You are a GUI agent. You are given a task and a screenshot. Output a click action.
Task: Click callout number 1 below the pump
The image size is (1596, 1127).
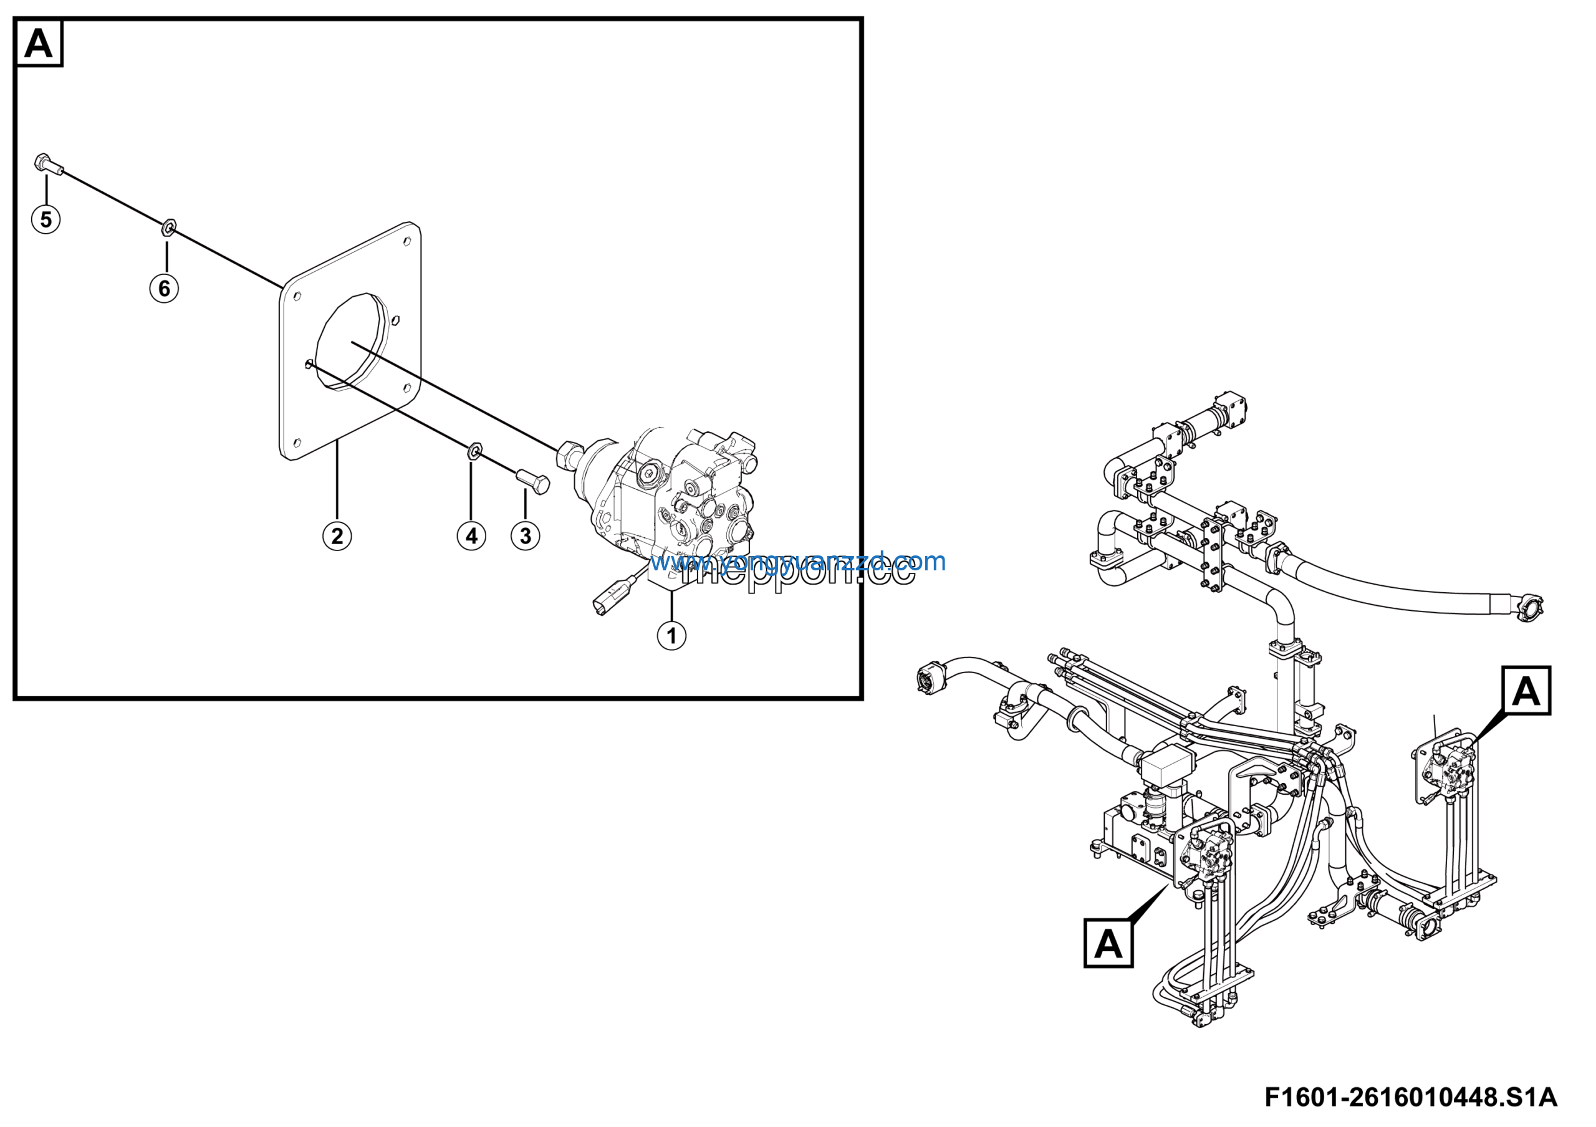click(x=671, y=635)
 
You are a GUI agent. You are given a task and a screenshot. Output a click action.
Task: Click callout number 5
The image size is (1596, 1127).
click(x=46, y=219)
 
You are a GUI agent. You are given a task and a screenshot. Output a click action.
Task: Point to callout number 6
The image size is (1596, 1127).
click(x=164, y=287)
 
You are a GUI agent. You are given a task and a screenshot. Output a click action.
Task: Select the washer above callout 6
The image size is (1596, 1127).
click(x=168, y=226)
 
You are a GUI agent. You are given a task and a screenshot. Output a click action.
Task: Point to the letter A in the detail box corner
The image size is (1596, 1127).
click(x=38, y=43)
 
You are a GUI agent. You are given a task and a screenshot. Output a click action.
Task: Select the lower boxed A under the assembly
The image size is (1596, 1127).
click(x=1108, y=944)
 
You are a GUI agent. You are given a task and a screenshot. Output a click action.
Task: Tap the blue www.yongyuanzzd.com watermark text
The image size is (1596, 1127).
click(x=797, y=561)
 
